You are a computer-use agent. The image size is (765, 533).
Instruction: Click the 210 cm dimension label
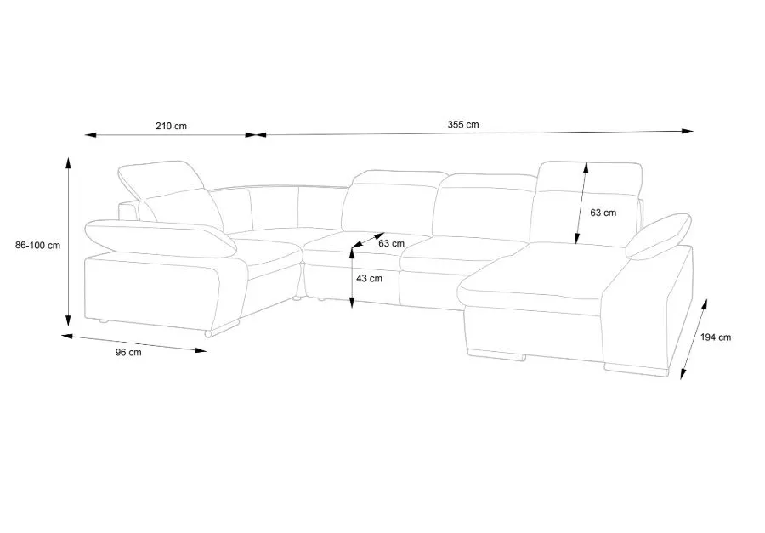171,126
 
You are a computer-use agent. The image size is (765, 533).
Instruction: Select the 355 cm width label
463,124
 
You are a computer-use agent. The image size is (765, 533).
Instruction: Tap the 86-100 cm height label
37,246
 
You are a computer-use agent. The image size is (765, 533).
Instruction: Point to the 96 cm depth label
128,353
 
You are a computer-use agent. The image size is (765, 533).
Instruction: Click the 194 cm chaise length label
716,337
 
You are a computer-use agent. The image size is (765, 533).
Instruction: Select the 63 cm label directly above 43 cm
390,244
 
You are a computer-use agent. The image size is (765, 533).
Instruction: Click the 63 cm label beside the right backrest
604,213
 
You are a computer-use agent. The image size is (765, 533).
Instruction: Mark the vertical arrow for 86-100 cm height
68,241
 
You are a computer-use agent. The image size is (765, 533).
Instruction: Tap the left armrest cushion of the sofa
161,237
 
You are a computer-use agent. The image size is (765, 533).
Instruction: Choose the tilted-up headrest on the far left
161,178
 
